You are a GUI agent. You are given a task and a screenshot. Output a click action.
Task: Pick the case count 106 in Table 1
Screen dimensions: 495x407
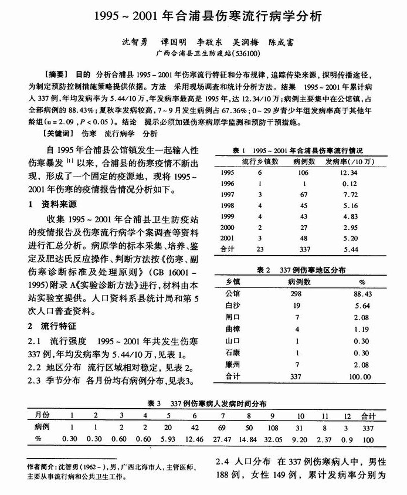[302, 173]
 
